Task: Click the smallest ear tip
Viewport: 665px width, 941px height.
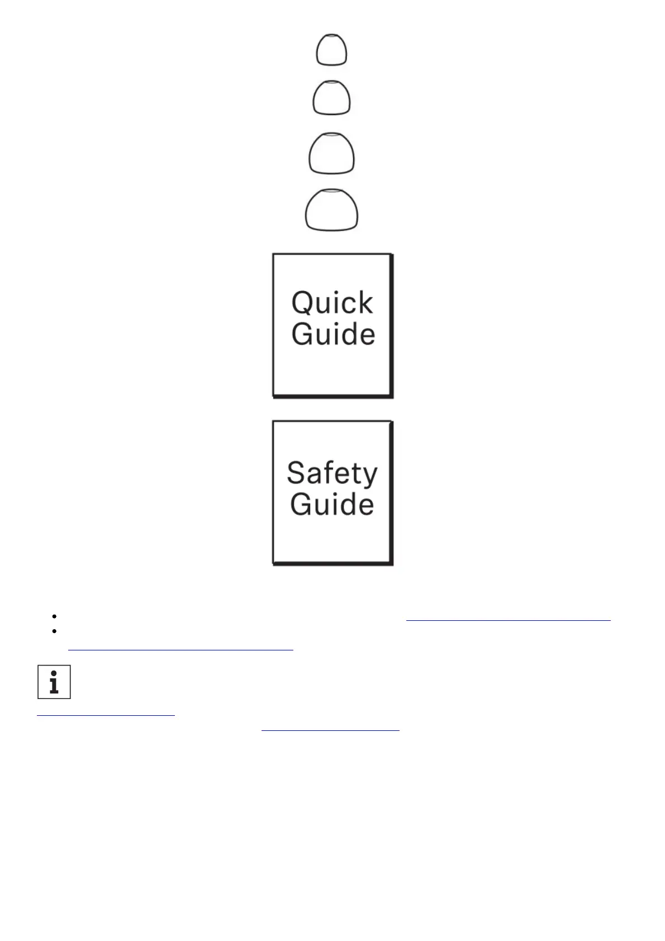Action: pos(331,50)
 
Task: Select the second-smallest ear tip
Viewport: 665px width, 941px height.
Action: pos(331,98)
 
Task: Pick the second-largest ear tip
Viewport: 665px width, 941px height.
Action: pos(331,153)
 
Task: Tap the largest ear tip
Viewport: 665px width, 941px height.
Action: pos(331,210)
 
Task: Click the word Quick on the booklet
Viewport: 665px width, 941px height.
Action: pos(332,303)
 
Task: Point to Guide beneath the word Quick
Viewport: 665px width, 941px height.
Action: pos(333,334)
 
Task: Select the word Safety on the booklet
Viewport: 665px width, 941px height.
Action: pos(332,474)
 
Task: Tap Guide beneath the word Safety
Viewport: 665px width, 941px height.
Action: pos(332,504)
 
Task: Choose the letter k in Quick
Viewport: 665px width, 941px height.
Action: pos(365,303)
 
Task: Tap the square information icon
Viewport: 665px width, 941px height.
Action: pos(54,682)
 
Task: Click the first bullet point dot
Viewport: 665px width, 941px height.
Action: pos(54,616)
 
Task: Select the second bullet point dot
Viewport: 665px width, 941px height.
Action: pos(54,631)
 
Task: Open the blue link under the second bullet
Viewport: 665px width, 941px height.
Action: pos(180,648)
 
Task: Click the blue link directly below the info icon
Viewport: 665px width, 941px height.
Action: pos(106,713)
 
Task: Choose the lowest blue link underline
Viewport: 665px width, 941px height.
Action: pos(330,729)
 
